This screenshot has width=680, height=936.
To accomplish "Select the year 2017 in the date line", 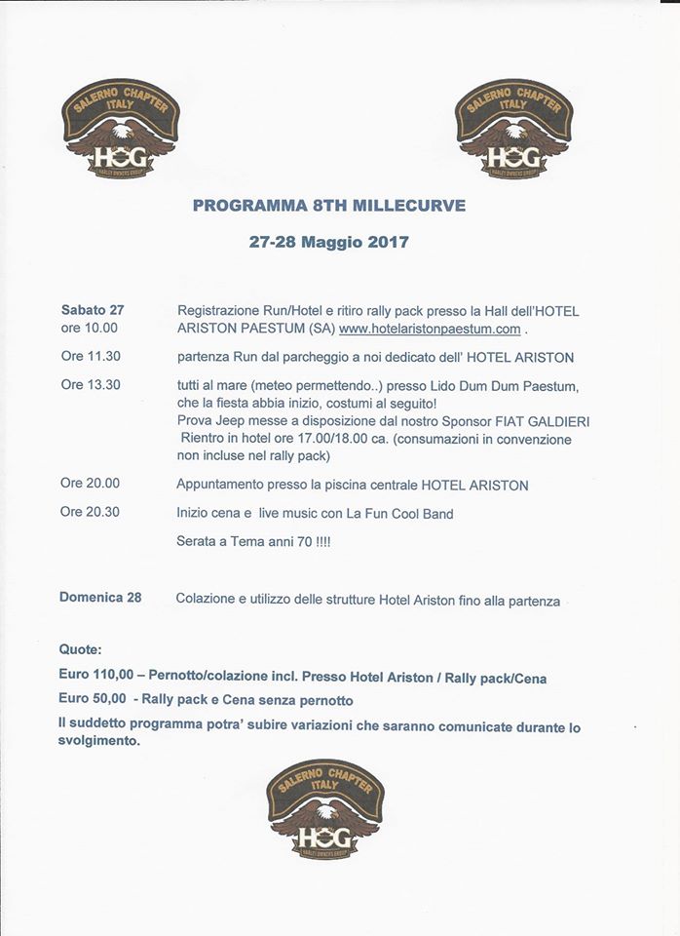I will coord(389,241).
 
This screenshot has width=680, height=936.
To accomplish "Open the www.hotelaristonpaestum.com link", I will coord(430,329).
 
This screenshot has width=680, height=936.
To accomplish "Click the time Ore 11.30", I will coord(90,356).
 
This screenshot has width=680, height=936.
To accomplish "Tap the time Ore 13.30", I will coord(90,384).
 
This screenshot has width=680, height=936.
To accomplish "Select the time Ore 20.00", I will coord(90,483).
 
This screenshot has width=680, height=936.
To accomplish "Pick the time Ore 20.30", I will coord(90,511).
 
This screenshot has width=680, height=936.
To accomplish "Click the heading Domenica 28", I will coord(100,598).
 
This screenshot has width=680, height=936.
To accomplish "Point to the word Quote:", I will coord(80,649).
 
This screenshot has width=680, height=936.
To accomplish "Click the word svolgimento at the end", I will coord(99,741).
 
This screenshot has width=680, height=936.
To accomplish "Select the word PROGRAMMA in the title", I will coord(238,206).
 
